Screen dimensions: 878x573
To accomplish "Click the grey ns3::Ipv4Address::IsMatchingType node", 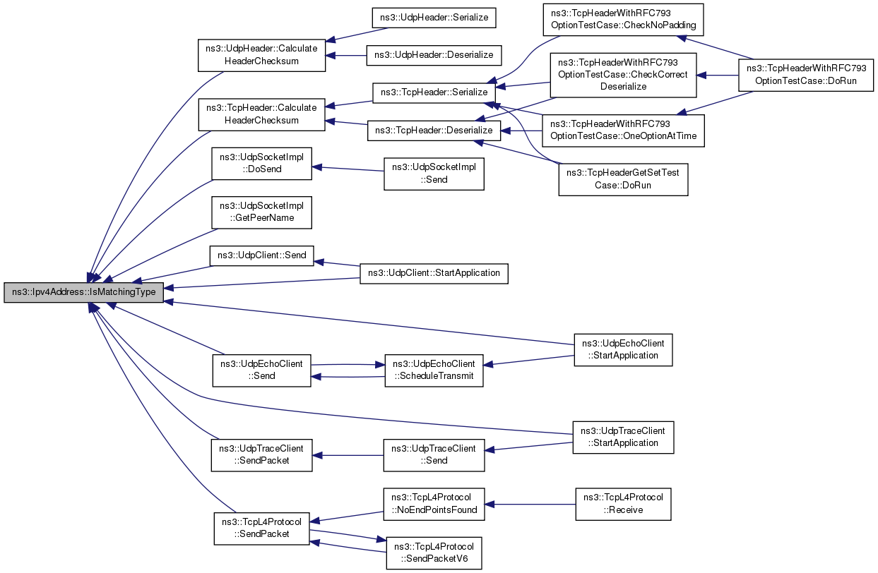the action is (83, 292).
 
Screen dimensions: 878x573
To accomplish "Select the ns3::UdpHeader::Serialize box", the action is (434, 18).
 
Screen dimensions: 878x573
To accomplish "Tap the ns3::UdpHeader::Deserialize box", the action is (434, 55).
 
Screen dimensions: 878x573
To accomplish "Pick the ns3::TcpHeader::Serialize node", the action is (434, 93).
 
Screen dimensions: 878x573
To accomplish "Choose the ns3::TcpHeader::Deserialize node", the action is (434, 131).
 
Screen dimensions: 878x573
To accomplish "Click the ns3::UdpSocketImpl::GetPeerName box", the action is (262, 212).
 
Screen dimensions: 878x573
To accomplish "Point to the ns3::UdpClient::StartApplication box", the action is (434, 273).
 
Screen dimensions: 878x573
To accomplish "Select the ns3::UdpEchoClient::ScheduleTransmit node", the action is (434, 370).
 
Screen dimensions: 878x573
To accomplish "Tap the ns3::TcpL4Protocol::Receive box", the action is (623, 504).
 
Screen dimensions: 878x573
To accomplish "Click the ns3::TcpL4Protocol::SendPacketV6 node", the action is (434, 553).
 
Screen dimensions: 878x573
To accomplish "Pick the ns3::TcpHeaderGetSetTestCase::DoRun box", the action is (623, 179).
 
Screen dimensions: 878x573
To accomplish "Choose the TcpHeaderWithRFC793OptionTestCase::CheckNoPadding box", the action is (623, 20).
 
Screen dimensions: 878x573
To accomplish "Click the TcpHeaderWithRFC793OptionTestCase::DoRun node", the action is (806, 76).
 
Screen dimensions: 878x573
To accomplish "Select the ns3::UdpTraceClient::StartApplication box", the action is (623, 438).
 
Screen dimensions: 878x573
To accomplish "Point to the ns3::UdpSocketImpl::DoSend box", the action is (262, 164).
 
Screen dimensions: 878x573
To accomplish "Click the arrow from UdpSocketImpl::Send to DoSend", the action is (348, 169).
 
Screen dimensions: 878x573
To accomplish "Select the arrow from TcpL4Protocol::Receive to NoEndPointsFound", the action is (530, 505).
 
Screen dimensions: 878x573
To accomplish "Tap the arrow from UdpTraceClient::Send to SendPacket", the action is (348, 455).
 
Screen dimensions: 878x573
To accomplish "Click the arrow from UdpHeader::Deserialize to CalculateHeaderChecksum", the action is (345, 56).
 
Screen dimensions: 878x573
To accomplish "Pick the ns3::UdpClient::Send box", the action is (262, 255).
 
